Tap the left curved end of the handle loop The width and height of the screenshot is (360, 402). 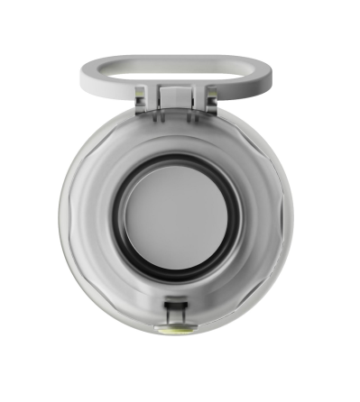88,73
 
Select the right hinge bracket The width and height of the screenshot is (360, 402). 208,96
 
